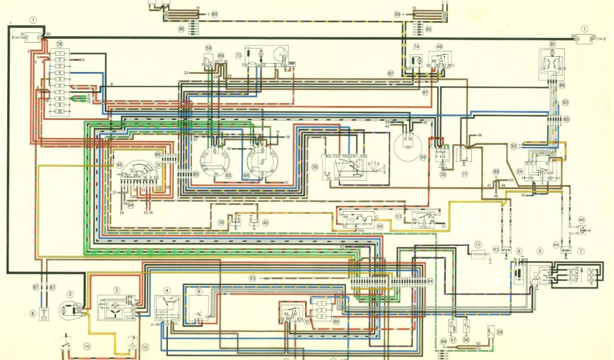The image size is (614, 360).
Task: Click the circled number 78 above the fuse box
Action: click(x=59, y=45)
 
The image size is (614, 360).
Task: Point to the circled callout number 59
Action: click(x=208, y=48)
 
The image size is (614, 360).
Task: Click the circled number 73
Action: click(x=238, y=55)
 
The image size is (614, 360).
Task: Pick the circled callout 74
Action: click(x=416, y=47)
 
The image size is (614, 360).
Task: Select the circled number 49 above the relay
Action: click(x=440, y=47)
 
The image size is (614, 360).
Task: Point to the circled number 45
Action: click(x=119, y=165)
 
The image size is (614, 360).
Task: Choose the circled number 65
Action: click(x=228, y=175)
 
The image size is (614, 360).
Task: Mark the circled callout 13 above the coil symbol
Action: click(x=478, y=245)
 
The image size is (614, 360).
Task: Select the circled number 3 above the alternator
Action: click(x=117, y=290)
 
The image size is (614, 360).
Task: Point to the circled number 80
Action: click(x=336, y=322)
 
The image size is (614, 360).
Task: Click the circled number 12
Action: click(x=145, y=347)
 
